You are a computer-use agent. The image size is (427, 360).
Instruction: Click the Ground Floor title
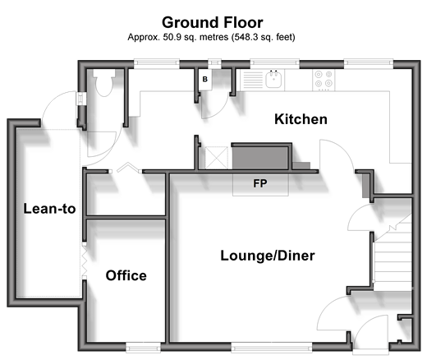pyautogui.click(x=213, y=22)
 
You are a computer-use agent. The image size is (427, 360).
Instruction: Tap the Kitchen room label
pyautogui.click(x=301, y=119)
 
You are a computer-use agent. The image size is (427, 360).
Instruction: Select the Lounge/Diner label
pyautogui.click(x=268, y=256)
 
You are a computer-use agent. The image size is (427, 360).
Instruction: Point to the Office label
pyautogui.click(x=126, y=275)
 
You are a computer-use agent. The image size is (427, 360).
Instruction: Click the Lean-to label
pyautogui.click(x=49, y=209)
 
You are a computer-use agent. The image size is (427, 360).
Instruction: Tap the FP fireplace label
pyautogui.click(x=260, y=183)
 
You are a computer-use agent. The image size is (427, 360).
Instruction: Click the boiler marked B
pyautogui.click(x=205, y=80)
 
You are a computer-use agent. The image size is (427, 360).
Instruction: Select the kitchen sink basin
pyautogui.click(x=273, y=80)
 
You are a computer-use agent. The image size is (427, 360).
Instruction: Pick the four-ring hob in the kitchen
pyautogui.click(x=324, y=80)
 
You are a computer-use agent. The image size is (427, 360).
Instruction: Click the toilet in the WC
pyautogui.click(x=104, y=81)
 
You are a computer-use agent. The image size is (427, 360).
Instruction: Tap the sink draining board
pyautogui.click(x=253, y=80)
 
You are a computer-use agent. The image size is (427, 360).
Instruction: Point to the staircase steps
pyautogui.click(x=393, y=255)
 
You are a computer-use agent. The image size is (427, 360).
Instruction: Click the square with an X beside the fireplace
pyautogui.click(x=216, y=158)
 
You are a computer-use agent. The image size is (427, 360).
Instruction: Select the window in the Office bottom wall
pyautogui.click(x=143, y=347)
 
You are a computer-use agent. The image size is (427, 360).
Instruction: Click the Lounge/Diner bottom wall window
pyautogui.click(x=272, y=347)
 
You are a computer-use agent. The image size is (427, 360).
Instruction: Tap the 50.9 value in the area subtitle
pyautogui.click(x=172, y=37)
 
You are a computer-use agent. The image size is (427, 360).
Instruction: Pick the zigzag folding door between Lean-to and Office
pyautogui.click(x=85, y=261)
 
